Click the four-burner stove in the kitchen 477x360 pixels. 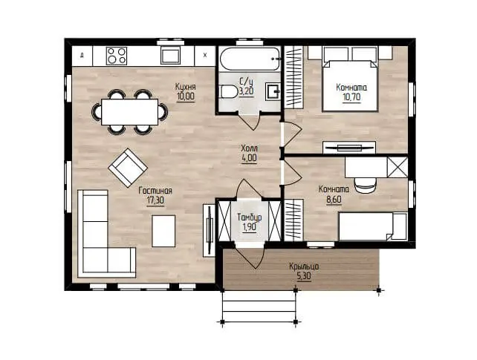pyautogui.click(x=117, y=56)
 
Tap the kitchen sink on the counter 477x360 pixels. pyautogui.click(x=170, y=56)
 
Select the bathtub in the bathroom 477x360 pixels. pyautogui.click(x=250, y=59)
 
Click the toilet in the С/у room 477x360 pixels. pyautogui.click(x=228, y=92)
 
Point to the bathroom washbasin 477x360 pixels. pyautogui.click(x=273, y=91)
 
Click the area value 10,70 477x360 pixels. pyautogui.click(x=351, y=97)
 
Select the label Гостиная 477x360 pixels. pyautogui.click(x=155, y=191)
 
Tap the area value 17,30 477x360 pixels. pyautogui.click(x=155, y=200)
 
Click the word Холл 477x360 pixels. pyautogui.click(x=249, y=148)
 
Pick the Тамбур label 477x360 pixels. pyautogui.click(x=250, y=217)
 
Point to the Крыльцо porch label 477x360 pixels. pyautogui.click(x=304, y=266)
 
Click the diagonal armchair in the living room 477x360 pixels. pyautogui.click(x=128, y=168)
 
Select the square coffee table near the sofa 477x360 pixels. pyautogui.click(x=163, y=231)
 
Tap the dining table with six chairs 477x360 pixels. pyautogui.click(x=130, y=112)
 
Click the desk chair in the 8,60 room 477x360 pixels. pyautogui.click(x=365, y=185)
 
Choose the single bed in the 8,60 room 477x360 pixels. pyautogui.click(x=373, y=226)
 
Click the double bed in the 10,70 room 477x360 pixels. pyautogui.click(x=350, y=85)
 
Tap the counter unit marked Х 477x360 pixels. pyautogui.click(x=205, y=56)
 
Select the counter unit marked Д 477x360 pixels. pyautogui.click(x=82, y=56)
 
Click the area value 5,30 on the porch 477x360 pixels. pyautogui.click(x=304, y=277)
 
